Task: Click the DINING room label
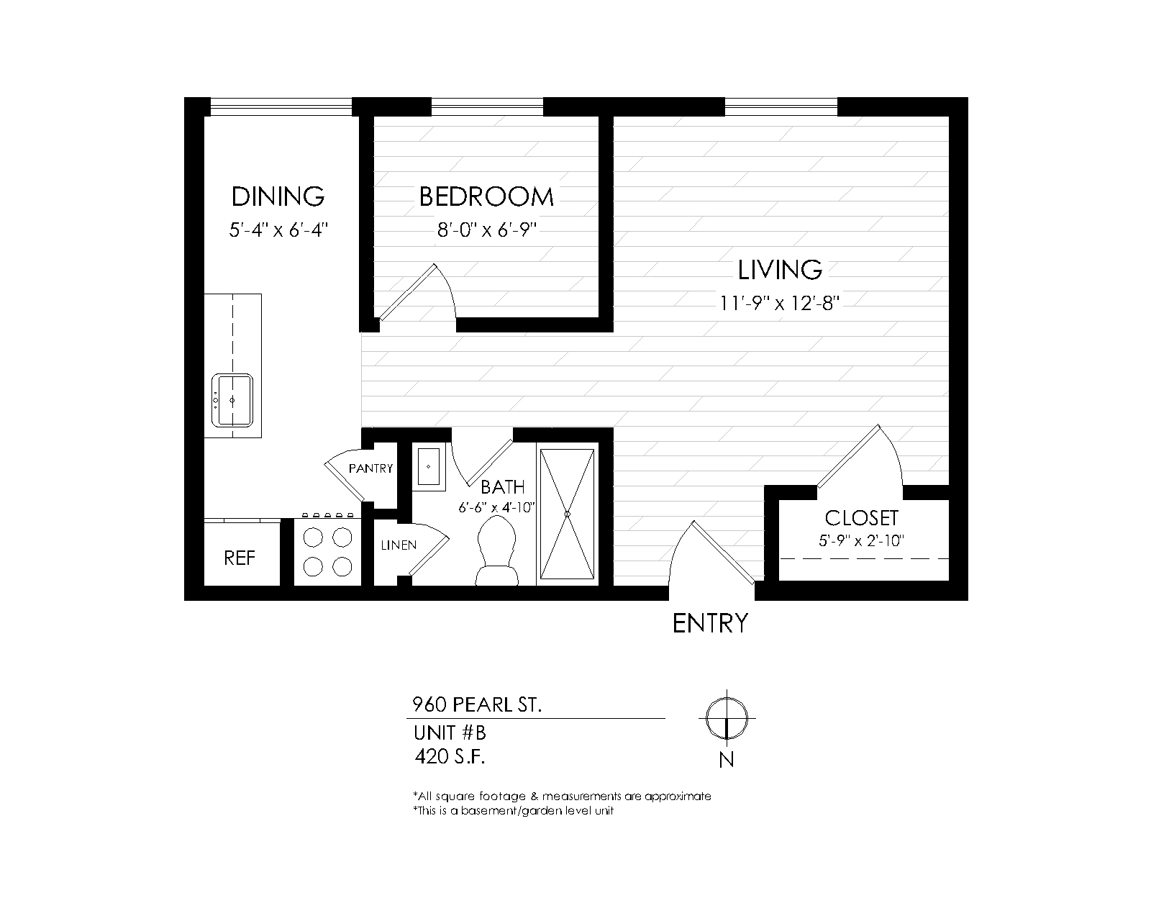click(x=278, y=196)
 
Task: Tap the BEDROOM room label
click(x=486, y=196)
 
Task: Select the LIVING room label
click(x=780, y=270)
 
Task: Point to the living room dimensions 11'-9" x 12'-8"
click(x=779, y=304)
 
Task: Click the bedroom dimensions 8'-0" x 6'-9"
click(x=487, y=230)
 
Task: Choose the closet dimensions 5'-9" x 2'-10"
click(x=861, y=541)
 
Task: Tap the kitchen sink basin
click(x=232, y=400)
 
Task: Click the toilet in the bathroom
click(x=496, y=550)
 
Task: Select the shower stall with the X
click(x=567, y=514)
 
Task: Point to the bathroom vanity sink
click(x=429, y=467)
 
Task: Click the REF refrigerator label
click(x=239, y=558)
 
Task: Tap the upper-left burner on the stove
click(x=313, y=537)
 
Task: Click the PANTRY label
click(x=370, y=469)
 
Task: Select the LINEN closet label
click(x=399, y=545)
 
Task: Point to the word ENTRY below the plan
click(x=710, y=623)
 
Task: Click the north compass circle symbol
click(x=727, y=718)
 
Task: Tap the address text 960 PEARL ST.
click(x=477, y=705)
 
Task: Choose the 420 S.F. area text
click(x=450, y=757)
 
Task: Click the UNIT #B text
click(x=450, y=732)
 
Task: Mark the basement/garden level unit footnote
click(x=513, y=810)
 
